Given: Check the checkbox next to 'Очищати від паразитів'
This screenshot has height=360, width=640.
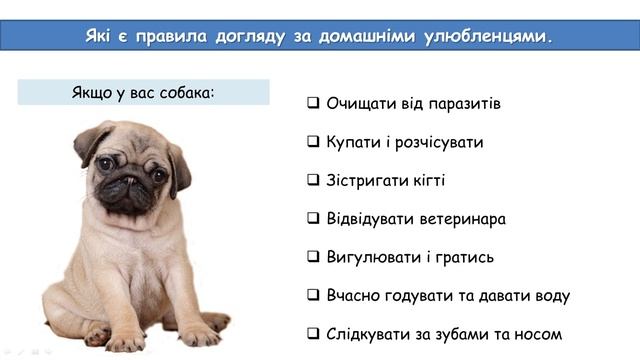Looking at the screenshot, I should click(x=314, y=103).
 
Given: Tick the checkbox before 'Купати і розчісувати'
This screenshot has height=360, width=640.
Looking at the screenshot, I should click(x=314, y=142).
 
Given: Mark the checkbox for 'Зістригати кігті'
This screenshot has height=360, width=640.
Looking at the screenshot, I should click(x=314, y=180).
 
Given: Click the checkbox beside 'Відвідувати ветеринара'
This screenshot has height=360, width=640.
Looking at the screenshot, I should click(x=314, y=218).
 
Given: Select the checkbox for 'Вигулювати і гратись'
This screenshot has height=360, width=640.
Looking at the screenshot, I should click(x=314, y=257).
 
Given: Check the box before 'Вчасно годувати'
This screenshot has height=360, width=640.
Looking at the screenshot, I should click(x=314, y=295).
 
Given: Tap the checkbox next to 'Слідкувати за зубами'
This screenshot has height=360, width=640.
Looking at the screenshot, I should click(x=314, y=333).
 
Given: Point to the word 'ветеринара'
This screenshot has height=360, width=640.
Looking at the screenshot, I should click(x=459, y=219).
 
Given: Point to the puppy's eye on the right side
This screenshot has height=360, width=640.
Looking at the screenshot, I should click(x=159, y=175).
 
